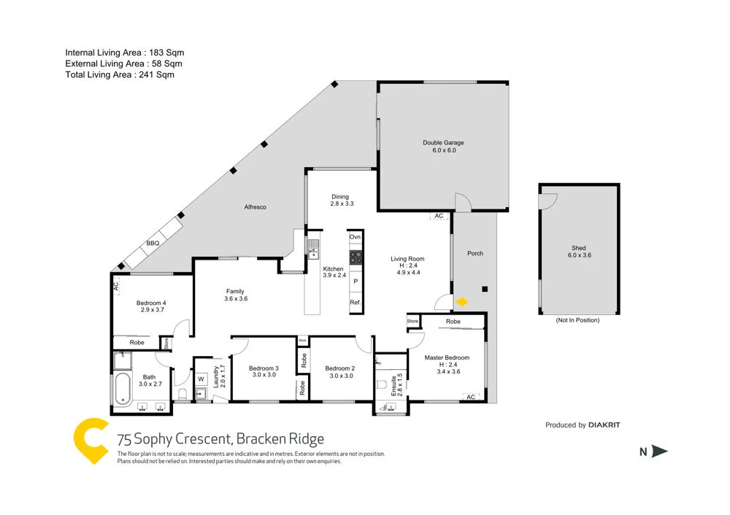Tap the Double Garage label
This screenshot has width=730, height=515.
pos(443,143)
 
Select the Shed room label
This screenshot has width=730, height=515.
pos(578,248)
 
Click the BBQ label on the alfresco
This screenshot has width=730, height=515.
pos(153,243)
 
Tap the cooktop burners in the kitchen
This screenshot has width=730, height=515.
pos(356,257)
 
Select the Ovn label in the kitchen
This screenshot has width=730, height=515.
pos(356,237)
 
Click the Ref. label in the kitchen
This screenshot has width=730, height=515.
pos(356,302)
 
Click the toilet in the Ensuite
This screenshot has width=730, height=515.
pos(382,384)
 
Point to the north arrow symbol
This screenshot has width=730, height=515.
pos(659,452)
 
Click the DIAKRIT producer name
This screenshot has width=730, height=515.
pos(604,425)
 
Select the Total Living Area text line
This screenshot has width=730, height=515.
pos(120,74)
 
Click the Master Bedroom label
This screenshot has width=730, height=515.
pos(447,357)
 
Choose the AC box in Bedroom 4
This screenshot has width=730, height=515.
pos(116,287)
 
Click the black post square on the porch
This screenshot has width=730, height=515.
pos(484,289)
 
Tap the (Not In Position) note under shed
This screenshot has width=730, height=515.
pos(577,320)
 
